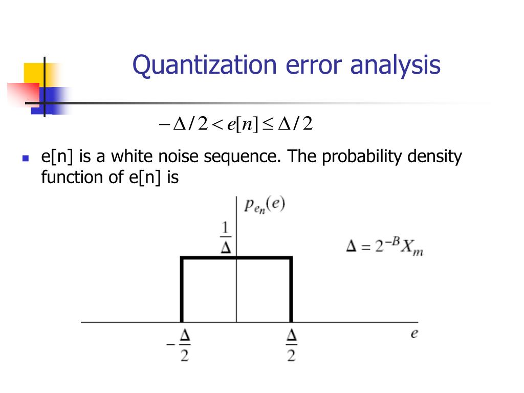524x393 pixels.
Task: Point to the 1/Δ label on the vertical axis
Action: pyautogui.click(x=226, y=238)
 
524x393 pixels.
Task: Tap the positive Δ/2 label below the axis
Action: pyautogui.click(x=291, y=345)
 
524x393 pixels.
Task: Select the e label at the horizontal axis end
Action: pyautogui.click(x=414, y=334)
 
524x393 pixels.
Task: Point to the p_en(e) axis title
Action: pyautogui.click(x=264, y=206)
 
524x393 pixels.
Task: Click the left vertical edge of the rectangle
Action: pyautogui.click(x=182, y=289)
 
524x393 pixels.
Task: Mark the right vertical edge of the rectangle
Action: pyautogui.click(x=291, y=289)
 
